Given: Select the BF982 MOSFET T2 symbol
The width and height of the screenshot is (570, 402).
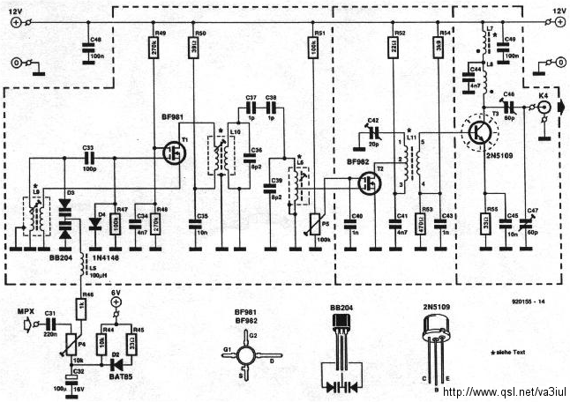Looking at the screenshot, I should tap(369, 184).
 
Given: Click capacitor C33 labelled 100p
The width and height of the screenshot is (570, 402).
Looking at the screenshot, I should tap(88, 156).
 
